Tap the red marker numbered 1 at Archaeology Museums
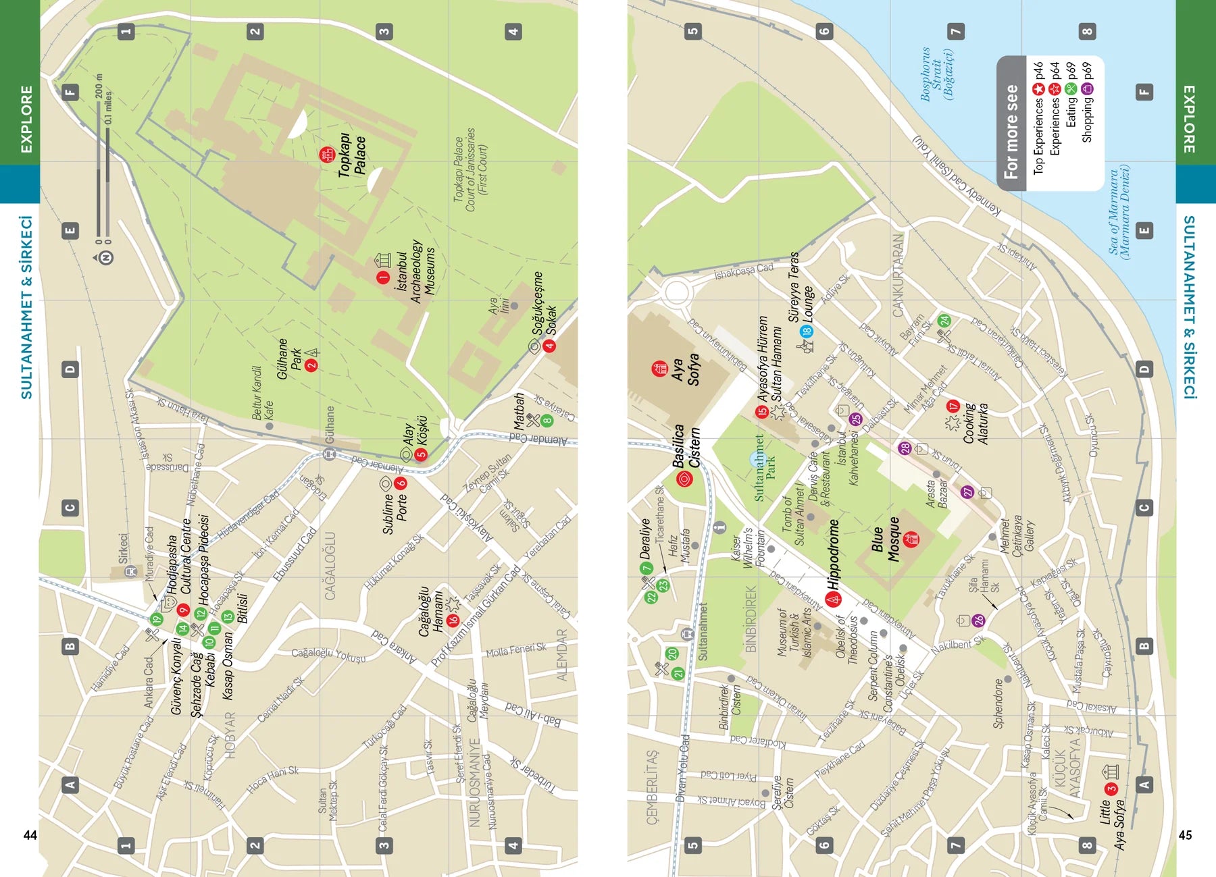(x=383, y=277)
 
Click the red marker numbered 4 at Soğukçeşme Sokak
(x=549, y=346)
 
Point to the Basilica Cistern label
(x=686, y=446)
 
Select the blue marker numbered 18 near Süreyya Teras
(x=806, y=331)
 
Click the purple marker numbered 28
(x=905, y=448)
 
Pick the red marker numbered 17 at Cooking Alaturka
(x=953, y=406)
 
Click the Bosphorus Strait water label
(x=937, y=74)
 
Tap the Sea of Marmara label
(x=1119, y=211)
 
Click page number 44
(x=30, y=835)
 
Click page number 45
(x=1185, y=835)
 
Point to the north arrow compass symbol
(x=105, y=257)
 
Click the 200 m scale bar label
(x=99, y=86)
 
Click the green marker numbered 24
(x=944, y=321)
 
